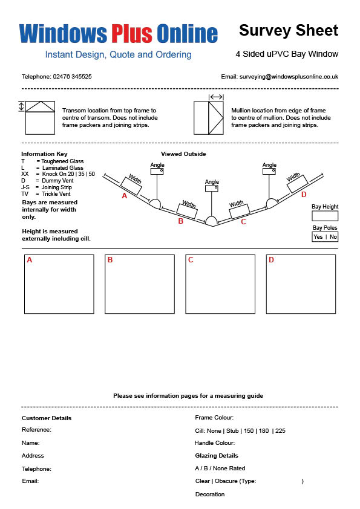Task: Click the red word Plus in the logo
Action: pos(132,33)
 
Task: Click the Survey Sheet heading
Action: pos(289,30)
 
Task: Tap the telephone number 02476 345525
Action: pos(72,77)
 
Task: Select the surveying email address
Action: pos(289,77)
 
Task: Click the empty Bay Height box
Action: pos(325,216)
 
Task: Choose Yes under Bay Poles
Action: pos(318,236)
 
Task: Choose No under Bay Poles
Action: pos(333,236)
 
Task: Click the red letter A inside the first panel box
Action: pos(30,260)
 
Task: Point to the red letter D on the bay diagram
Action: pos(304,195)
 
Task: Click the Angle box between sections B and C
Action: pos(212,188)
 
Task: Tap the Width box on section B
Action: pos(187,211)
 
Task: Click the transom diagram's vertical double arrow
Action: pos(21,106)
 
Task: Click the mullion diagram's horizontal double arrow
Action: pos(216,97)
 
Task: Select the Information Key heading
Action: pos(44,154)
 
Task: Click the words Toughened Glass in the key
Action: pos(62,161)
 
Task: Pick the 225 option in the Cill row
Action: pos(280,431)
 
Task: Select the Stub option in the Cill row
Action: pos(232,431)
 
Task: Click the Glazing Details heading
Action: pos(217,456)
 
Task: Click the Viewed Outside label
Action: pos(183,154)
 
